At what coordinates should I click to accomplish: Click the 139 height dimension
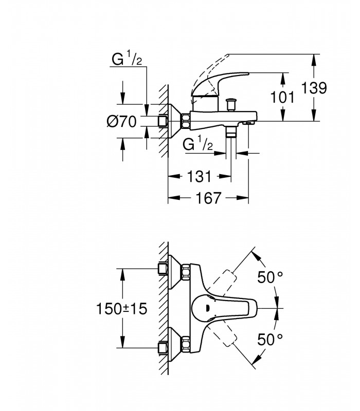(314, 88)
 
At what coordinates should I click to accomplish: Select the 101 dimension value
(282, 97)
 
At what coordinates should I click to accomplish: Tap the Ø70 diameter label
(122, 122)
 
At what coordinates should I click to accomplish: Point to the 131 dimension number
(199, 176)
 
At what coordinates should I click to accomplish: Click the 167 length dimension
(209, 198)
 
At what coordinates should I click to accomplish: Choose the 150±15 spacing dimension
(122, 309)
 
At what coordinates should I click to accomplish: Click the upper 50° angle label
(270, 277)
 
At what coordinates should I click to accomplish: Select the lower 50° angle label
(270, 339)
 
